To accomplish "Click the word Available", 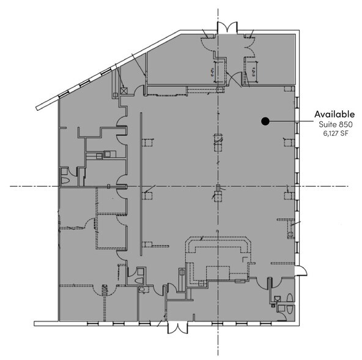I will [334, 114].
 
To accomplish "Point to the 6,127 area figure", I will [331, 134].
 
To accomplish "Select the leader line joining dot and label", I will [290, 121].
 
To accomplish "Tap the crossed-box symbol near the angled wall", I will [125, 90].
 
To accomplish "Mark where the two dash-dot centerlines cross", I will [217, 186].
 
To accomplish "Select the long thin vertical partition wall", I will [141, 178].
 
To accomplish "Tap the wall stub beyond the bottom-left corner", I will [45, 323].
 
